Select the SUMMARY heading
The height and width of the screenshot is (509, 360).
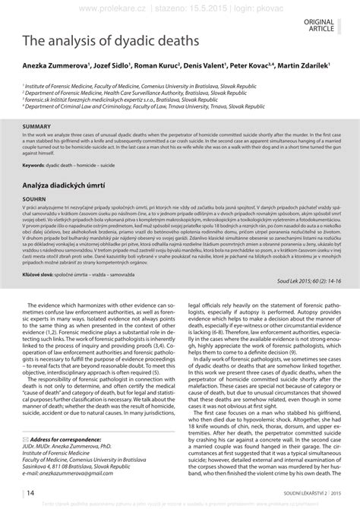[x=36, y=125]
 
